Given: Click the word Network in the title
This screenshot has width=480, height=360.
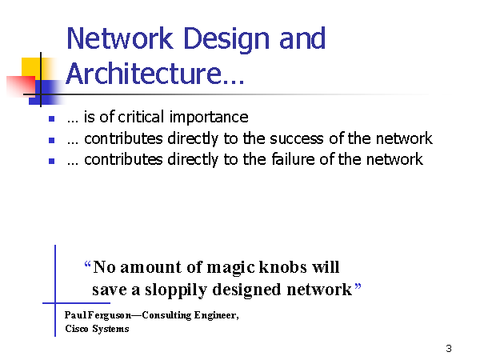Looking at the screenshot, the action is [120, 38].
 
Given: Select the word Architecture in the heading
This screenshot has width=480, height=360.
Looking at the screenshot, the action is [143, 73].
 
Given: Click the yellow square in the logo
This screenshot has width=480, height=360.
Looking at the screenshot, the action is [31, 67].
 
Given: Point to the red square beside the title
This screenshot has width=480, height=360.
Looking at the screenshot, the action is [21, 86].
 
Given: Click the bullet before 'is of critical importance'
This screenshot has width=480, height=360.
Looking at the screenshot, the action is [52, 118].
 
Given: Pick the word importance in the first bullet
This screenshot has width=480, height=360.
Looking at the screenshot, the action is [209, 118].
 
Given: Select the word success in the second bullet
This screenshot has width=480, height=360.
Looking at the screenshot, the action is [296, 139].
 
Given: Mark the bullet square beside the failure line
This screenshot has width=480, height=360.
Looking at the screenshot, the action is [52, 161].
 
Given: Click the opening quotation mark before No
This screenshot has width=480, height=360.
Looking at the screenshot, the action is [87, 264].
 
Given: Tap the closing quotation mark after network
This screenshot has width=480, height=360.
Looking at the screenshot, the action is [358, 287].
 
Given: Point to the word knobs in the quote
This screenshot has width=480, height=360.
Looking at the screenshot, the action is [283, 267].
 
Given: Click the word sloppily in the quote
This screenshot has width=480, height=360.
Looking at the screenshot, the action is [176, 290].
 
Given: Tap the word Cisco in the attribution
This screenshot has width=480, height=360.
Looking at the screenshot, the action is [77, 329].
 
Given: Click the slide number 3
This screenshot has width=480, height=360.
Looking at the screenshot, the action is [449, 348].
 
